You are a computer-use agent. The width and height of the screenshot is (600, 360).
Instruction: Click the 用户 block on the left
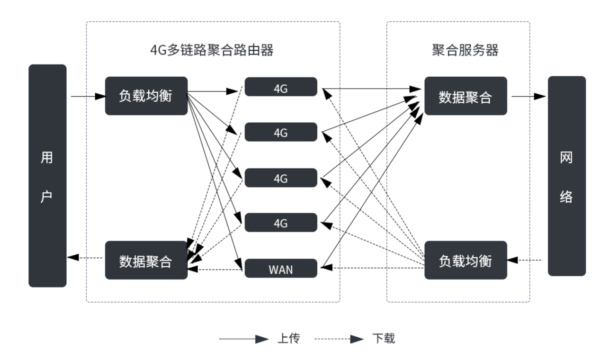[x=47, y=176]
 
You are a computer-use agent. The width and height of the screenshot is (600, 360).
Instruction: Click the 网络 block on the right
[x=566, y=176]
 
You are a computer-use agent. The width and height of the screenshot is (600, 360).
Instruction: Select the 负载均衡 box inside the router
[x=146, y=96]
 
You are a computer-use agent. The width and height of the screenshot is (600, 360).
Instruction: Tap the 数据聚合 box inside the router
[x=146, y=260]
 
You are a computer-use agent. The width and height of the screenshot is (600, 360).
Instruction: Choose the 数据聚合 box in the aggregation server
[x=466, y=96]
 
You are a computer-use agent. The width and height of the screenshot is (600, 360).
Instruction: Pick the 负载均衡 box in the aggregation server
[x=466, y=260]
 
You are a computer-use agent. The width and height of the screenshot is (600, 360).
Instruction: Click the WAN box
[x=281, y=269]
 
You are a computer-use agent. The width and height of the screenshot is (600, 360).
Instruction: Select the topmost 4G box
[x=281, y=87]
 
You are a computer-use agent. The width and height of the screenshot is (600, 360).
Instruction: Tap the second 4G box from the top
[x=281, y=132]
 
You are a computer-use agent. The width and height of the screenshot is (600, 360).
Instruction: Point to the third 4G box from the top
[x=281, y=178]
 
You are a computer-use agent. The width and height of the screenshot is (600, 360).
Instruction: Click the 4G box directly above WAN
[x=281, y=223]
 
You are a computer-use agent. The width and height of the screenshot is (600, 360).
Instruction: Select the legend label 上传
[x=288, y=339]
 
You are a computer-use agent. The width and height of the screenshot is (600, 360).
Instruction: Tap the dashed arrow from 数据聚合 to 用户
[x=86, y=258]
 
